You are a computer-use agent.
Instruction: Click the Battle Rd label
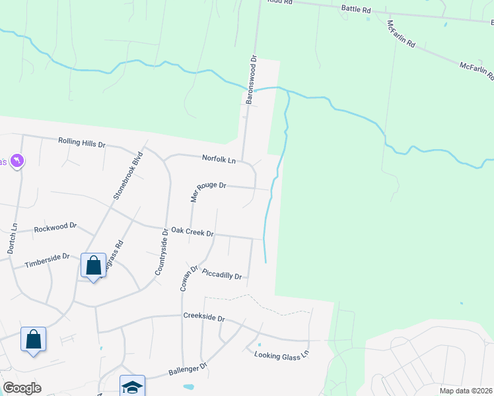click(356, 10)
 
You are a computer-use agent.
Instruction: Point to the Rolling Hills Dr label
click(82, 142)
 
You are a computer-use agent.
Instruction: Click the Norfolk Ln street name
click(219, 159)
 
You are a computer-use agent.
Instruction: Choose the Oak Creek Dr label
click(192, 232)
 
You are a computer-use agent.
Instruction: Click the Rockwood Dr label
click(55, 228)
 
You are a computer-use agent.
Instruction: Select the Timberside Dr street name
click(47, 260)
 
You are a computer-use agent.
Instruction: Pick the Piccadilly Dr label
click(222, 274)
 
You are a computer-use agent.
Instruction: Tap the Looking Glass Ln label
click(281, 355)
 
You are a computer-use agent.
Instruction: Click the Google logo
click(22, 388)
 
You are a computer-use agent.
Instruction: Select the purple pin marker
click(17, 160)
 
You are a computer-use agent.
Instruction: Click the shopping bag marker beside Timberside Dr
click(93, 266)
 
